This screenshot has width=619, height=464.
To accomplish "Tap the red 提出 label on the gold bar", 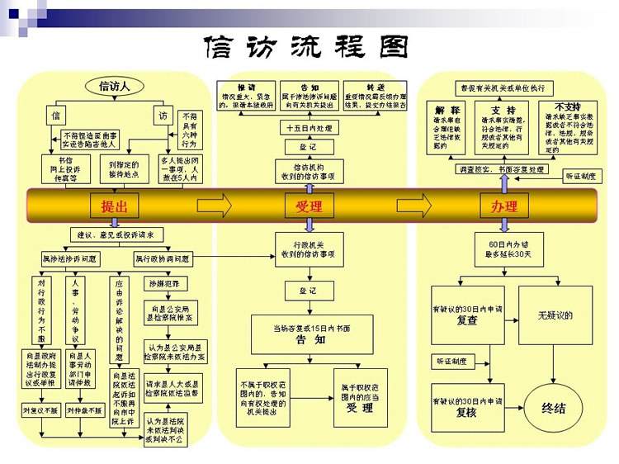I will point(114,206).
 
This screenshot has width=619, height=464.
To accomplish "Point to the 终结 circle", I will point(553,408).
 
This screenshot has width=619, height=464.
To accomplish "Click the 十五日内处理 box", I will point(309,128).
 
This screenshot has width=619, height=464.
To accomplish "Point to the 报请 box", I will point(245,95).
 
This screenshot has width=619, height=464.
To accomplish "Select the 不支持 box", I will point(567,127).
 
